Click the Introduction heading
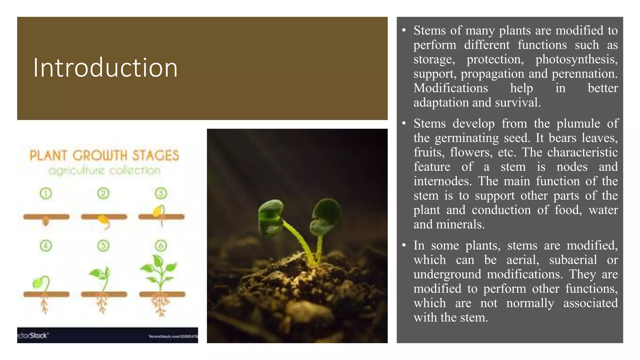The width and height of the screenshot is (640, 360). point(105,68)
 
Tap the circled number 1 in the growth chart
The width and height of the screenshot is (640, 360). point(46,194)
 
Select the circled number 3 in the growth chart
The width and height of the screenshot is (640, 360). point(161,193)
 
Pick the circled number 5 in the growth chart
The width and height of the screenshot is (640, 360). point(103,246)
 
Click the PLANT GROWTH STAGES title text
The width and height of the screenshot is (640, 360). point(104,155)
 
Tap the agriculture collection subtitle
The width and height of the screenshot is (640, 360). point(104,171)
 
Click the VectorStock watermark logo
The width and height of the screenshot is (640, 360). point(32,336)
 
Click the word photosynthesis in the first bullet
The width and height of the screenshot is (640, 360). point(577,59)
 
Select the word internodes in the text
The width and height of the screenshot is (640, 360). point(442,181)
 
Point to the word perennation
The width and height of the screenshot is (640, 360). point(584,74)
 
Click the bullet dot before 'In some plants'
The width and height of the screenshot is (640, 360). point(404,245)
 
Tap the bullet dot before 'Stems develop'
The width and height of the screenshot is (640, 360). point(404,123)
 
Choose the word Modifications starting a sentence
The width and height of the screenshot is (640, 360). point(451,88)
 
